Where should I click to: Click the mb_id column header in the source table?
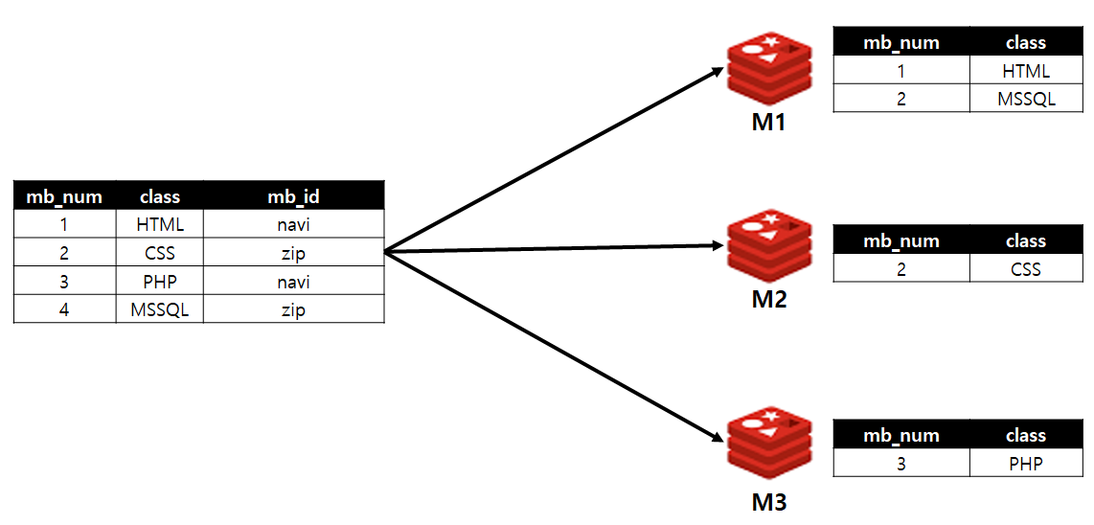[x=293, y=196]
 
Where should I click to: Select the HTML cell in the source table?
[x=160, y=225]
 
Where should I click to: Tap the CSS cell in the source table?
[x=160, y=254]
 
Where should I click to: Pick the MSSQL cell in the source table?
[x=160, y=310]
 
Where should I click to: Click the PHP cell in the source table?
[x=160, y=283]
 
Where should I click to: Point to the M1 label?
[x=768, y=123]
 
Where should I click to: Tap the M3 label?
[x=768, y=501]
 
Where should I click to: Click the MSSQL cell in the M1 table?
[x=1026, y=99]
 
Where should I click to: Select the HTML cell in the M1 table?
[x=1026, y=71]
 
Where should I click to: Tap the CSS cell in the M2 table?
[x=1026, y=269]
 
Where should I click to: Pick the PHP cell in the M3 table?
[x=1026, y=464]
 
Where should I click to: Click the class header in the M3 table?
[x=1026, y=436]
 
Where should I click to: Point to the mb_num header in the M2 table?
[x=901, y=241]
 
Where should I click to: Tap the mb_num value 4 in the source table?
[x=64, y=310]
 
